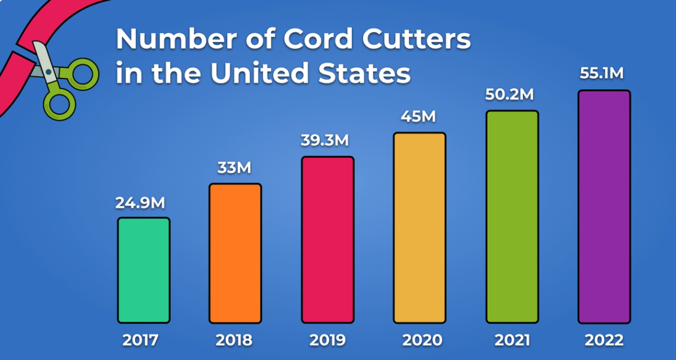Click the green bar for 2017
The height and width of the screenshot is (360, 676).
coord(144,270)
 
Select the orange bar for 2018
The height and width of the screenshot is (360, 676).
coord(235,253)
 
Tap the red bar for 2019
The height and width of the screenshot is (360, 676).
coord(327,240)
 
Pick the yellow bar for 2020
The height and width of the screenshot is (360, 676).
coord(420,228)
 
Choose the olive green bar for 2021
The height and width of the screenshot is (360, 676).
coord(512,217)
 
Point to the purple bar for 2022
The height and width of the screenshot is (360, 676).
coord(604,207)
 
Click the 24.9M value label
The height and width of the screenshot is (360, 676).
coord(140,203)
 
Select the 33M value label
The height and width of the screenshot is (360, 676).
coord(234,168)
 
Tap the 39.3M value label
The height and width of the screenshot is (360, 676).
coord(324,141)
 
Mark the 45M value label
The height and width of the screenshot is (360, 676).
coord(418,116)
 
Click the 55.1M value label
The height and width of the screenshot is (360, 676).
coord(602,73)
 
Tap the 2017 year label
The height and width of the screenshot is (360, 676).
coord(140,341)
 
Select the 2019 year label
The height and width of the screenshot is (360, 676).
coord(327,341)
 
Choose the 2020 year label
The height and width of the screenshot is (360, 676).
coord(421,341)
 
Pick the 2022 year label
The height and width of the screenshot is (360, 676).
coord(604,341)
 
